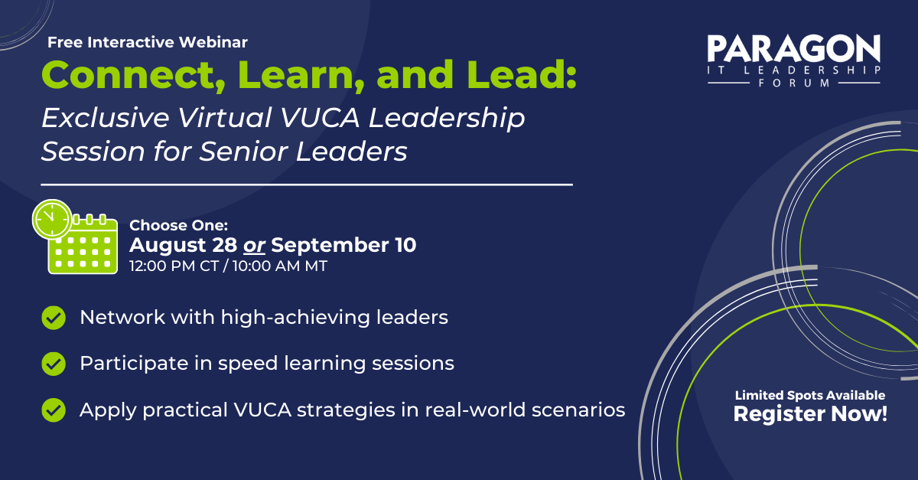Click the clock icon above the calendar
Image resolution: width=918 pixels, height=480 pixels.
click(x=51, y=219)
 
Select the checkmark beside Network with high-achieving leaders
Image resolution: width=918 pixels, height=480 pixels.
click(x=53, y=317)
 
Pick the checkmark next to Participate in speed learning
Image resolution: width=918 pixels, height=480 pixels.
click(x=53, y=363)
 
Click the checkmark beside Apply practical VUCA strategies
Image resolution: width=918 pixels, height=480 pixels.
click(x=53, y=410)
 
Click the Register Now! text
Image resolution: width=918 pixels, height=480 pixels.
click(x=810, y=415)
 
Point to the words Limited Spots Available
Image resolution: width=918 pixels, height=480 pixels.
click(x=810, y=395)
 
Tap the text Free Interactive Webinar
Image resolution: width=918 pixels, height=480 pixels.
click(x=148, y=42)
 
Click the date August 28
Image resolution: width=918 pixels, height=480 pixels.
click(x=183, y=246)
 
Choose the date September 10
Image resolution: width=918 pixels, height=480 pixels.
click(x=344, y=246)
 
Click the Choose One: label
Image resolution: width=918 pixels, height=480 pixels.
click(x=179, y=225)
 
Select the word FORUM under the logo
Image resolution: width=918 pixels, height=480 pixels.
click(x=794, y=83)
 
